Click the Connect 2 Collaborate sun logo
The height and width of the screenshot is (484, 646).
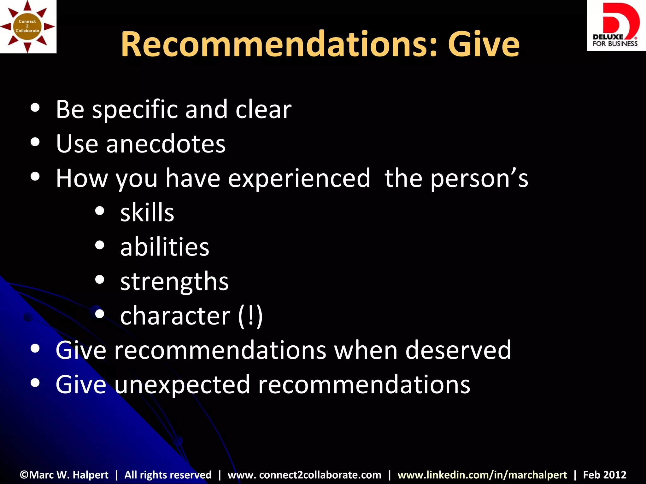28,26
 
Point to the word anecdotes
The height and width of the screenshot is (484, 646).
166,144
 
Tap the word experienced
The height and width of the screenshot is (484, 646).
299,178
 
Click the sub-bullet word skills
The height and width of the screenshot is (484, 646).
147,212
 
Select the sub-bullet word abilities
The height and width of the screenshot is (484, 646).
165,247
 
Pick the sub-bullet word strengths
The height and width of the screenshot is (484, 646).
174,281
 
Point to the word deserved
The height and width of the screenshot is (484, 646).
458,350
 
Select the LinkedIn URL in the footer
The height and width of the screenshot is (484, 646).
482,475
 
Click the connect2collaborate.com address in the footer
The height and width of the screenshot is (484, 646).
304,475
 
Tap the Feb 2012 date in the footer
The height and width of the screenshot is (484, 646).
604,475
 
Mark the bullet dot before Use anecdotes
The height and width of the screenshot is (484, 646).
35,142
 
